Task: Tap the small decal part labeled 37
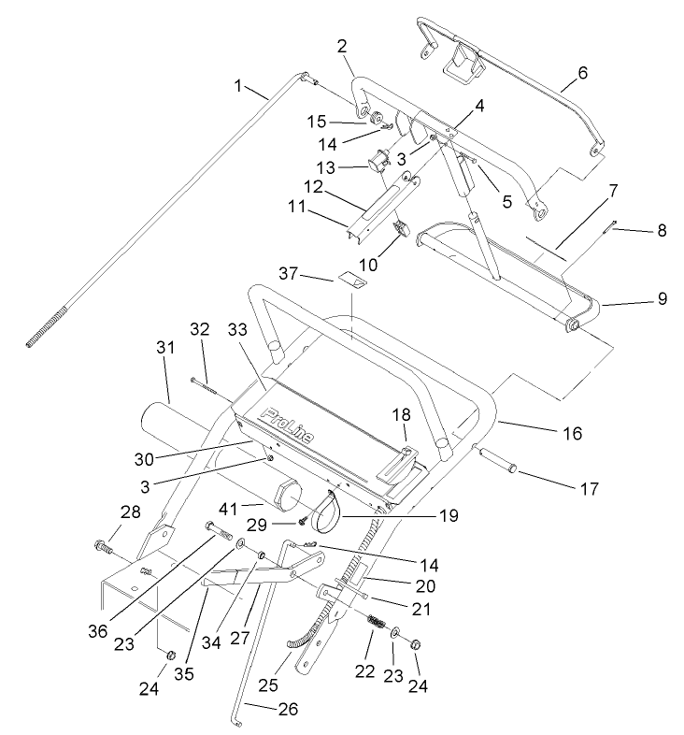[352, 278]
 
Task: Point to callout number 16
[572, 433]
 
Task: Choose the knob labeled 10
[402, 228]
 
